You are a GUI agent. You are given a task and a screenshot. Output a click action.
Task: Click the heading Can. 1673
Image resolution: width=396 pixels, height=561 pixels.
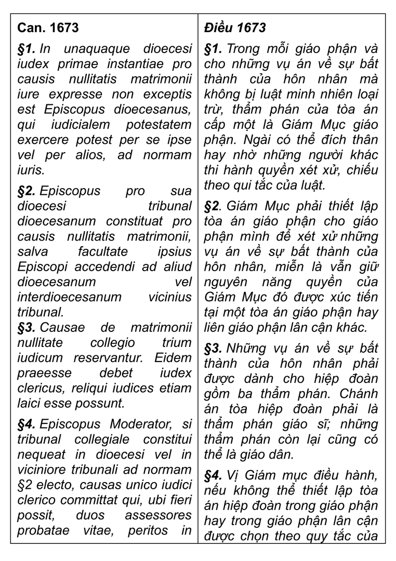point(48,28)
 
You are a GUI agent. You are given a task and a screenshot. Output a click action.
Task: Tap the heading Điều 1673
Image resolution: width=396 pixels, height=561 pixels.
point(234,28)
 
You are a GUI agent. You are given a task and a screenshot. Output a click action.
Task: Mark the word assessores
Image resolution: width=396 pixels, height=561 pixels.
point(158,515)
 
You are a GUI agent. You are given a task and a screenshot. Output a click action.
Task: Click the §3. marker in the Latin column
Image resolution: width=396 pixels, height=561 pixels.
point(27,328)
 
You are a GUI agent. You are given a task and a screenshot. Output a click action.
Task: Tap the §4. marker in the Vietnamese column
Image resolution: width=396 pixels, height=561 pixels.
point(214,475)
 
